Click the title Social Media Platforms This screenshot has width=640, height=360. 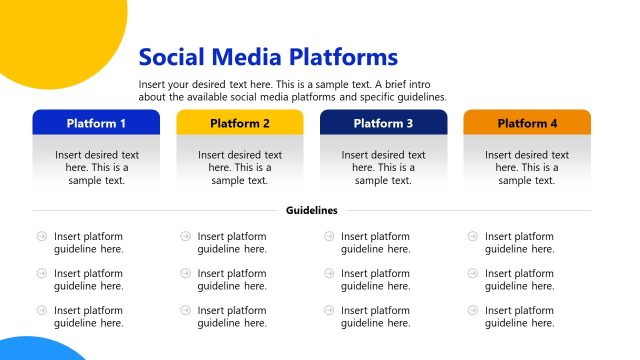click(x=268, y=57)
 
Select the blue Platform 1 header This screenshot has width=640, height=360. click(x=96, y=123)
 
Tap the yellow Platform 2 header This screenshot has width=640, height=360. click(x=240, y=123)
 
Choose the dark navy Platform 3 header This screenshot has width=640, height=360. click(x=383, y=123)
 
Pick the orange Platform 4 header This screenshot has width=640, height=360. click(x=527, y=123)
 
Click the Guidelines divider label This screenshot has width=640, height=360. click(x=312, y=210)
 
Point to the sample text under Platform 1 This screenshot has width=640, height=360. click(x=96, y=168)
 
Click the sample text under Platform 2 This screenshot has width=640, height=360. click(x=240, y=168)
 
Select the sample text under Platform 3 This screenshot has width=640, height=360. click(x=383, y=168)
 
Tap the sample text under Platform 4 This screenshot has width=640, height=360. click(x=527, y=168)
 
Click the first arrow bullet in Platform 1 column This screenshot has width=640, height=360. click(x=42, y=237)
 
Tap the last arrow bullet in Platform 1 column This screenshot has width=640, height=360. click(x=42, y=310)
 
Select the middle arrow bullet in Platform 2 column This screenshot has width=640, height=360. click(x=185, y=273)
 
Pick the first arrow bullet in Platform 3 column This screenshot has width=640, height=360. click(x=329, y=237)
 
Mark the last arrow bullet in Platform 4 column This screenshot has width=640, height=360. click(x=473, y=310)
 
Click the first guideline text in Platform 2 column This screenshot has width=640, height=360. click(x=232, y=243)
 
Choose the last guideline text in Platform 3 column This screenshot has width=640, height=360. click(x=375, y=316)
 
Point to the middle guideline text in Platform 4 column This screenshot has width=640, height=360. click(x=519, y=279)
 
